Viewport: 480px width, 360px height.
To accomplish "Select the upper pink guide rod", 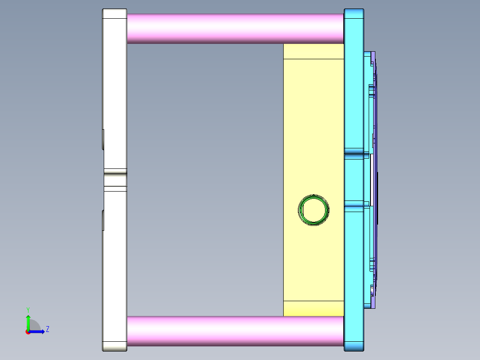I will (235, 28).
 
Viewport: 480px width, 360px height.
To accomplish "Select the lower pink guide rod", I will (235, 331).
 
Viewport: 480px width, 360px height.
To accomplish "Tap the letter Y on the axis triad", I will (28, 309).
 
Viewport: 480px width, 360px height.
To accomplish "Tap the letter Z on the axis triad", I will (47, 329).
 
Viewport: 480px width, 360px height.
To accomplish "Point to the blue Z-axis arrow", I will (38, 331).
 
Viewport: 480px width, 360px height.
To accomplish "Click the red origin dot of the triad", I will (28, 331).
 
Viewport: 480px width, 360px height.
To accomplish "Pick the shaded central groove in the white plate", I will (115, 180).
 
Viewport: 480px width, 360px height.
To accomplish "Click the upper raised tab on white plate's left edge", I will (103, 139).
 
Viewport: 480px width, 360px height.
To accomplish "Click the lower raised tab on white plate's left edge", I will (103, 221).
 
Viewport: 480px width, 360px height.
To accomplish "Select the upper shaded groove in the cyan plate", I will (354, 151).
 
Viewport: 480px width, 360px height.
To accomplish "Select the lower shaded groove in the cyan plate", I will (354, 206).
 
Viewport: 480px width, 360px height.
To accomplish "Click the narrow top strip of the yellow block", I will (313, 51).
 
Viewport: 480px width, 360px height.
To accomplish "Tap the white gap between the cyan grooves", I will (367, 178).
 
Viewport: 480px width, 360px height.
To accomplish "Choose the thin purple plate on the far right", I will (374, 111).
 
